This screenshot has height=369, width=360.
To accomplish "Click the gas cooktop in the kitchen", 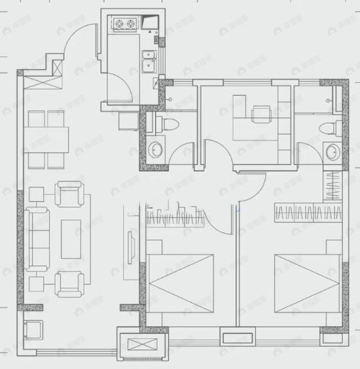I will [x=125, y=25].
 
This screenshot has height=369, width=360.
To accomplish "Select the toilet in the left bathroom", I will [x=167, y=124].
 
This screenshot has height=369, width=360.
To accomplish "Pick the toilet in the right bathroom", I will [x=327, y=128].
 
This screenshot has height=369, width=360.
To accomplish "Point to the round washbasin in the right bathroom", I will [x=332, y=153].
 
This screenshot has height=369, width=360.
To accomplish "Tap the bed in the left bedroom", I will [x=179, y=285].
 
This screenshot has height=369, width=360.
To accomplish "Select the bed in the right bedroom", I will [x=306, y=283].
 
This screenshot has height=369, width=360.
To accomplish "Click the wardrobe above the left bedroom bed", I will [x=175, y=217].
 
